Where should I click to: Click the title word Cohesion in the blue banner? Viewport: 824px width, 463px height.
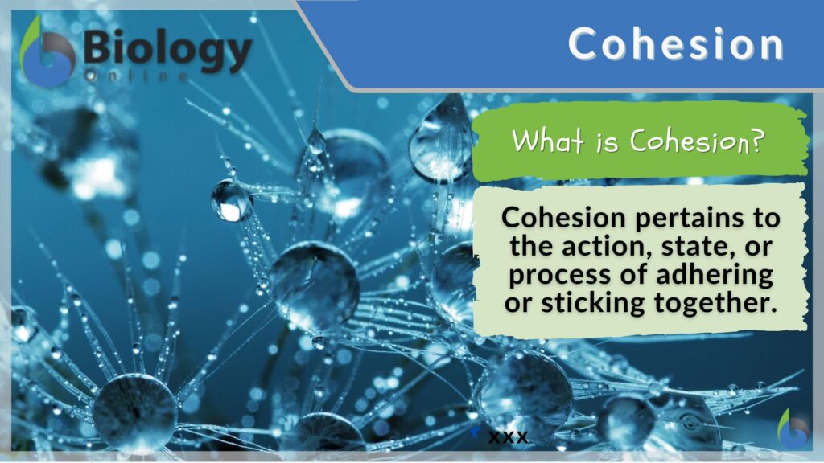tap(675, 43)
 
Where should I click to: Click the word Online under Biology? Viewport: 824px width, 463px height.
tap(137, 76)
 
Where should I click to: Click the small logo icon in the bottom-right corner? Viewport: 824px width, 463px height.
tap(793, 429)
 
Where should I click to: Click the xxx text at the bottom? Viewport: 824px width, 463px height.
tap(508, 436)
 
